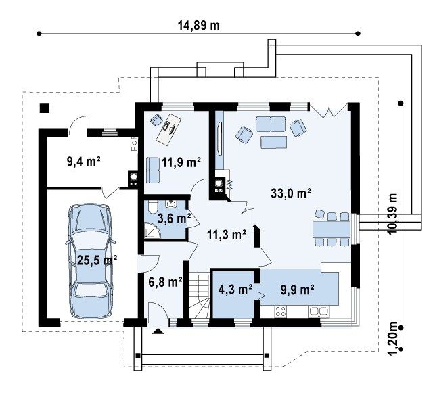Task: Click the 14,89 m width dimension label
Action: [x=198, y=26]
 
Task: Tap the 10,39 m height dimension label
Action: [x=392, y=214]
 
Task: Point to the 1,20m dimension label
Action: [x=392, y=339]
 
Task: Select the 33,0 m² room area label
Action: [x=291, y=193]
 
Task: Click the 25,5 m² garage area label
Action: [x=97, y=260]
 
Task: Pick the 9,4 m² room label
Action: [x=83, y=162]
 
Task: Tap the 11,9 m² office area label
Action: [x=181, y=162]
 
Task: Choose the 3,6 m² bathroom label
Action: [x=175, y=218]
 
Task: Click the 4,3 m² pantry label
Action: [x=235, y=290]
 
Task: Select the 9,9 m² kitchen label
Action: [x=297, y=290]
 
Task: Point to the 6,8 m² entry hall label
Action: [x=165, y=282]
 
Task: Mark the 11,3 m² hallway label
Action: [x=227, y=235]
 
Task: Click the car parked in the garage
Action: [x=90, y=261]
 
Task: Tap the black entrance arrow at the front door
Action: [x=158, y=331]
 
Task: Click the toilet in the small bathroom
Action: [x=152, y=208]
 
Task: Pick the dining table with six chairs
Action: [x=331, y=229]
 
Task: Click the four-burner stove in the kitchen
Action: [x=281, y=312]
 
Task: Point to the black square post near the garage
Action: [x=45, y=108]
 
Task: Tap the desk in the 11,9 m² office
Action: [x=168, y=129]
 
